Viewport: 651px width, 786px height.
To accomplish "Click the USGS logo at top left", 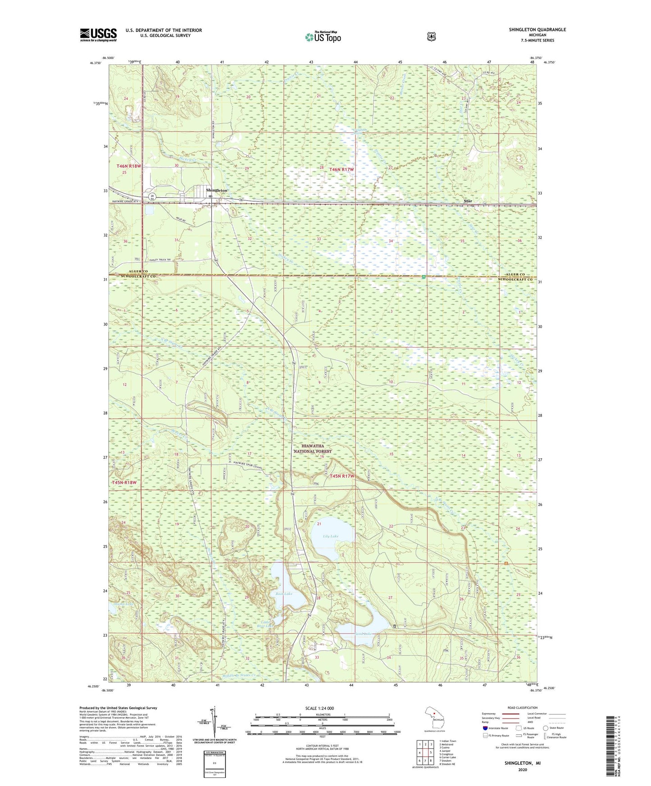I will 98,35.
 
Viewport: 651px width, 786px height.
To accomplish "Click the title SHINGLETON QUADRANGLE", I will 537,30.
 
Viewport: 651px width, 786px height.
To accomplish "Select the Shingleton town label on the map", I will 217,190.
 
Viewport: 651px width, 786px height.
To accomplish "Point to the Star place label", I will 468,201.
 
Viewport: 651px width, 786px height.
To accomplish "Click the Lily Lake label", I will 331,536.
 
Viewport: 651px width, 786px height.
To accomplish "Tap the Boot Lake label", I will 284,594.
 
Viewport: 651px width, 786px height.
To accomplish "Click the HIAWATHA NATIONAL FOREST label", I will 313,448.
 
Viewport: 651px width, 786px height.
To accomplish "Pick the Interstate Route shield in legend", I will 485,727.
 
